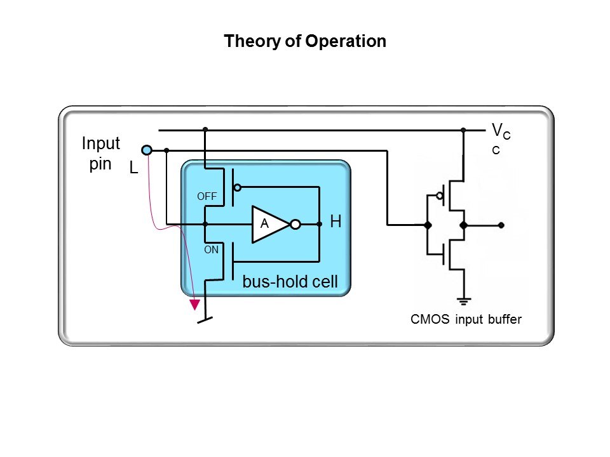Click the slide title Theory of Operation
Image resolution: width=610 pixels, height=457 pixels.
click(x=305, y=42)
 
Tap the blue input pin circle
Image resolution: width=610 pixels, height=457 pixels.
click(x=147, y=150)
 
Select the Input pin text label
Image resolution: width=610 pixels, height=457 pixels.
click(x=100, y=154)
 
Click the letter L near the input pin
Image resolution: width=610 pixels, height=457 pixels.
click(x=133, y=168)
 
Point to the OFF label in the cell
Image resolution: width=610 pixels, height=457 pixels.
click(x=207, y=197)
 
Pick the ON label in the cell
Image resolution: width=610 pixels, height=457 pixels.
click(x=211, y=250)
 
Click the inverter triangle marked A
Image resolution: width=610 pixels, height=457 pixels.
click(x=268, y=224)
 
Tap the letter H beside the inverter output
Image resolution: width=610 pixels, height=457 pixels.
click(x=336, y=222)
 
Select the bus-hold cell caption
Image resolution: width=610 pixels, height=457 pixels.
click(x=290, y=282)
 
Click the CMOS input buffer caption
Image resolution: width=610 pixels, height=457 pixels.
click(x=466, y=319)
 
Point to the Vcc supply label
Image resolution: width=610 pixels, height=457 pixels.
click(x=499, y=138)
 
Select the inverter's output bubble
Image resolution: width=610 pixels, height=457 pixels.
click(x=295, y=224)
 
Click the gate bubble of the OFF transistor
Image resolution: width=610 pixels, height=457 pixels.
click(x=237, y=187)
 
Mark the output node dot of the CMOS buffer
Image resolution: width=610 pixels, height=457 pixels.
click(x=501, y=225)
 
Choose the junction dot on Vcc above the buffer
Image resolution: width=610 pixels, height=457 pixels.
click(x=463, y=130)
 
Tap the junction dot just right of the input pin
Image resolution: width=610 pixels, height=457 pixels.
click(x=166, y=150)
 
